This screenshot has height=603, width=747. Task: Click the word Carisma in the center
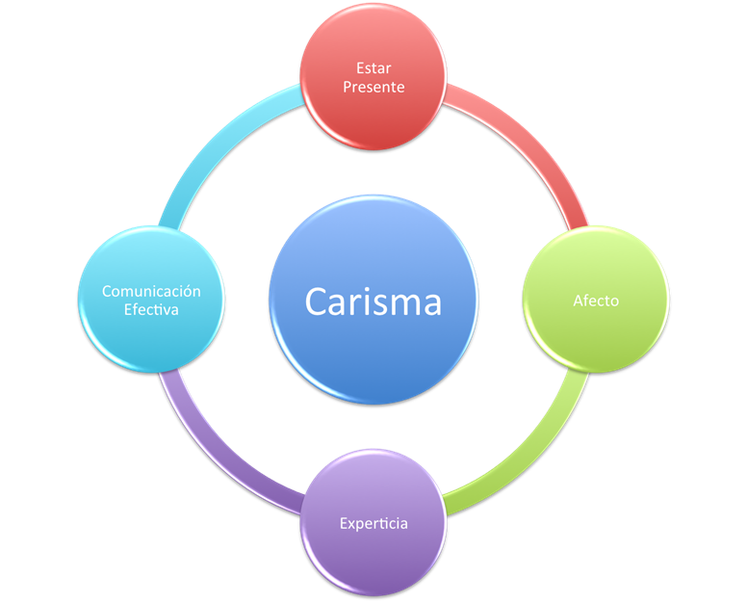click(x=373, y=301)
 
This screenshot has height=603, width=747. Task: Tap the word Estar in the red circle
click(x=373, y=68)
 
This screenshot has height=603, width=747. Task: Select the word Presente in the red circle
click(x=373, y=87)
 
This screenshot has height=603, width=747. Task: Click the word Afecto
click(x=596, y=301)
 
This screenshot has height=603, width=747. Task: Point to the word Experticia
click(x=373, y=524)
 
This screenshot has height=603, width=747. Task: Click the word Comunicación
click(x=151, y=291)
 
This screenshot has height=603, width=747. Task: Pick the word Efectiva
click(x=151, y=310)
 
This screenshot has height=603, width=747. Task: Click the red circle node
click(x=373, y=116)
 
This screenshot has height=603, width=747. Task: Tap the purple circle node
click(x=373, y=559)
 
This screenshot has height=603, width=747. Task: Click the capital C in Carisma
click(x=317, y=301)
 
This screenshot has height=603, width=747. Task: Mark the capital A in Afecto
click(x=578, y=301)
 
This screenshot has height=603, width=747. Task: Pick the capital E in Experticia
click(x=344, y=524)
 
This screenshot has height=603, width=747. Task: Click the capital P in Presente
click(x=348, y=87)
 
